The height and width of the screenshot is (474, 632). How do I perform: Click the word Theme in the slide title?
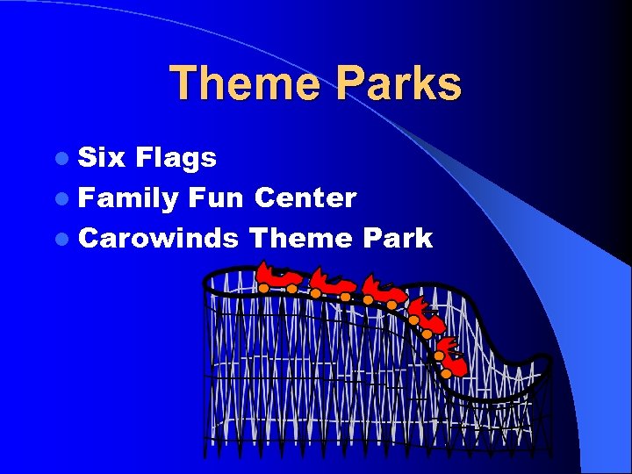click(243, 84)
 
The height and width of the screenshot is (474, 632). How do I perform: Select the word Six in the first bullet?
click(102, 158)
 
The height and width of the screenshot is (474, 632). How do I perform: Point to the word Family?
click(128, 198)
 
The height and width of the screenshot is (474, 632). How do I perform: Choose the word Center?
click(305, 197)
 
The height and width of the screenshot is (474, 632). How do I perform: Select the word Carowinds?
click(158, 238)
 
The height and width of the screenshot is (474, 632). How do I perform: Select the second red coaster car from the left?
click(331, 283)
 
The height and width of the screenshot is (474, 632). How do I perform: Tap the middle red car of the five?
click(383, 290)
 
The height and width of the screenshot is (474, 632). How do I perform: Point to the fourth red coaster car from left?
click(424, 314)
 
